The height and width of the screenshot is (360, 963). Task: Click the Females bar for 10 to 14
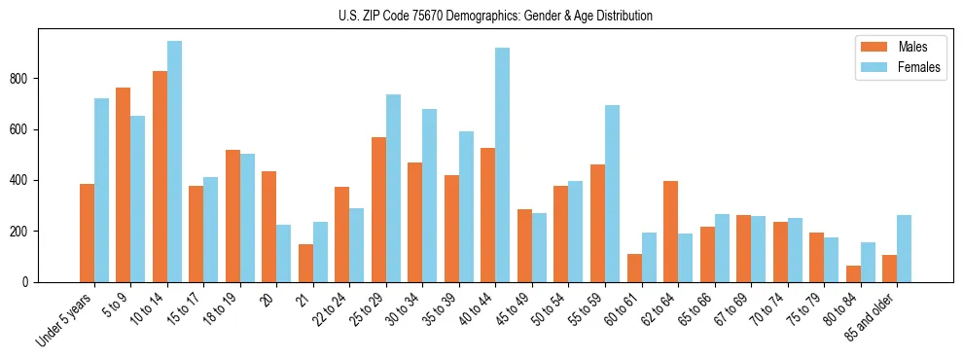(174, 162)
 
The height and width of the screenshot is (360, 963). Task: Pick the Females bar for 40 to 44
(503, 165)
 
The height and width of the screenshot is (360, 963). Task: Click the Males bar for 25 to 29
(378, 209)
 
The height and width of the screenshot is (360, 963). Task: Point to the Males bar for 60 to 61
(634, 268)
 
